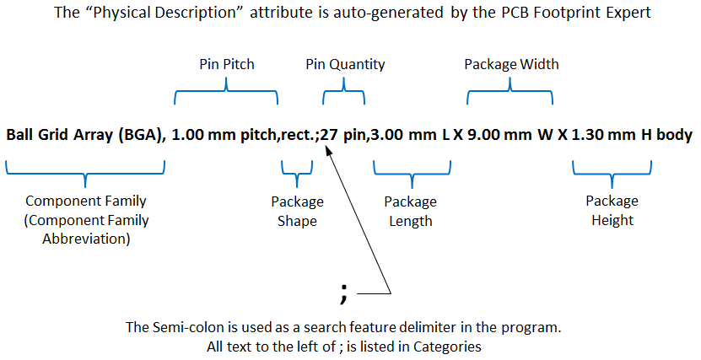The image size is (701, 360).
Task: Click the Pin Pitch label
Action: pos(226,64)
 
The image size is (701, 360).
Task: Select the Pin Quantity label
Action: pos(344,64)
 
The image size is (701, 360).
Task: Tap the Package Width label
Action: pos(511,64)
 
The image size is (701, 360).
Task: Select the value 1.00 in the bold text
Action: pos(187,134)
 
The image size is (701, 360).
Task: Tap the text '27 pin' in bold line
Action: pos(343,134)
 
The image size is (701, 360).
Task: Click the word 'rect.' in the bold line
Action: pos(297,134)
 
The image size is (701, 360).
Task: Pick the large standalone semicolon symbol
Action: pos(343,292)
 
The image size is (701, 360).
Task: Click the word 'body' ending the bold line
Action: pos(675,134)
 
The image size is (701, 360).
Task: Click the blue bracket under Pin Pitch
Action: pos(226,94)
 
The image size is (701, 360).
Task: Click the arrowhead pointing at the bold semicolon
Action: pos(329,148)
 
